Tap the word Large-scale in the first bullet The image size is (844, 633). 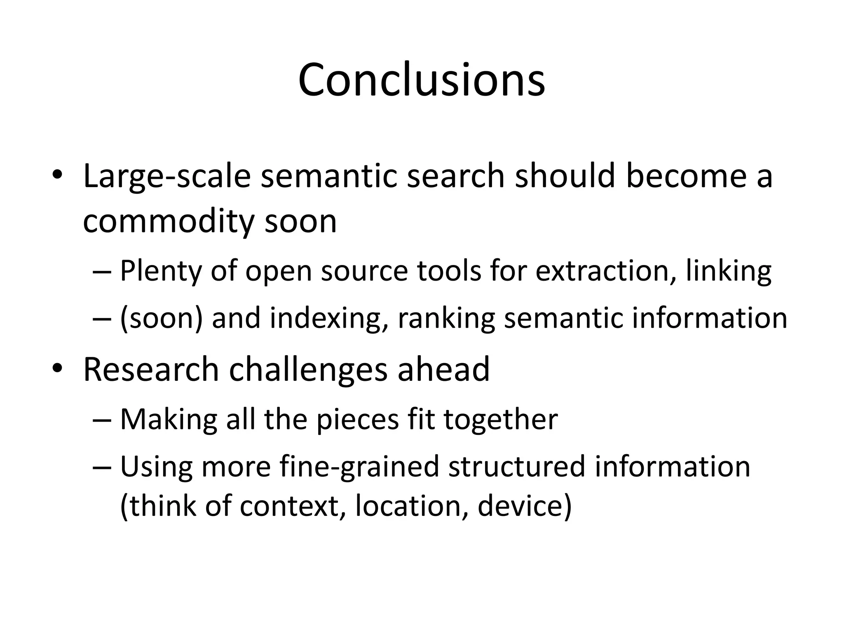tap(167, 176)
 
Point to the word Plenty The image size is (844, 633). tap(160, 271)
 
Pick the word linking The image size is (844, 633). tap(728, 271)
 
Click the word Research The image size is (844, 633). tap(151, 369)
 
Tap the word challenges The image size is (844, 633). tap(308, 369)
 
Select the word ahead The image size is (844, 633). tap(443, 369)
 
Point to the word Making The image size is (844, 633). tap(168, 420)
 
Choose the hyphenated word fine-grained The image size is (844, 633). tap(359, 467)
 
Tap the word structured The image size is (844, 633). tap(516, 467)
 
